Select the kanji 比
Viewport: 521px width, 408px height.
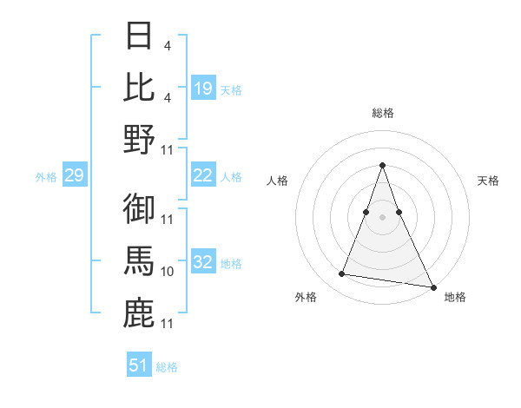coord(140,88)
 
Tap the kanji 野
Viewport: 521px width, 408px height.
coord(140,139)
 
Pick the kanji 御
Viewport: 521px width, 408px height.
coord(140,209)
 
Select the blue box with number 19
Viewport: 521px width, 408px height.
coord(203,89)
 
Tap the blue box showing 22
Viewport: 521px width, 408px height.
coord(203,176)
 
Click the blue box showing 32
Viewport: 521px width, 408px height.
coord(203,263)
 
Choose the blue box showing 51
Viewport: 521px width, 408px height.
coord(139,365)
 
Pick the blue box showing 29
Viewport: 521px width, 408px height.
coord(74,176)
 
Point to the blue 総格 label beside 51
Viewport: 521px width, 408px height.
coord(167,367)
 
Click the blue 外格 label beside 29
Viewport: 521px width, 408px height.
coord(46,177)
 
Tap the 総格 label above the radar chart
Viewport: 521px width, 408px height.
coord(382,113)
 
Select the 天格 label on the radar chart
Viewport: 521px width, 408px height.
coord(488,181)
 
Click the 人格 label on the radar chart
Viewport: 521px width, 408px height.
coord(277,181)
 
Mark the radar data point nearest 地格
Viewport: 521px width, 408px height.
coord(432,286)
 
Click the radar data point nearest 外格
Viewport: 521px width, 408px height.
coord(341,274)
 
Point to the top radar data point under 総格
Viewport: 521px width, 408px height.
coord(382,166)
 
